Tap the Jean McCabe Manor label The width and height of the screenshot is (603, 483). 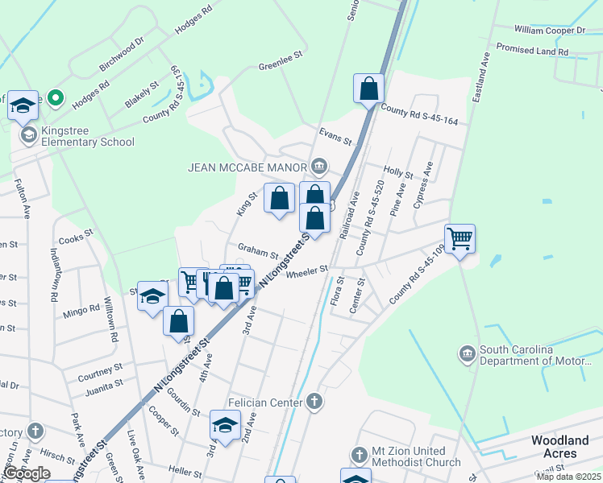click(247, 167)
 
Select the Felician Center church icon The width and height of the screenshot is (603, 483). click(315, 401)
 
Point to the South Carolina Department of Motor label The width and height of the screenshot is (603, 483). click(539, 355)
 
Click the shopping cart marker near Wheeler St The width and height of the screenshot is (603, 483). click(460, 237)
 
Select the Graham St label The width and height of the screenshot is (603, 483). click(257, 249)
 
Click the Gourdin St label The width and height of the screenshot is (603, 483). click(185, 404)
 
